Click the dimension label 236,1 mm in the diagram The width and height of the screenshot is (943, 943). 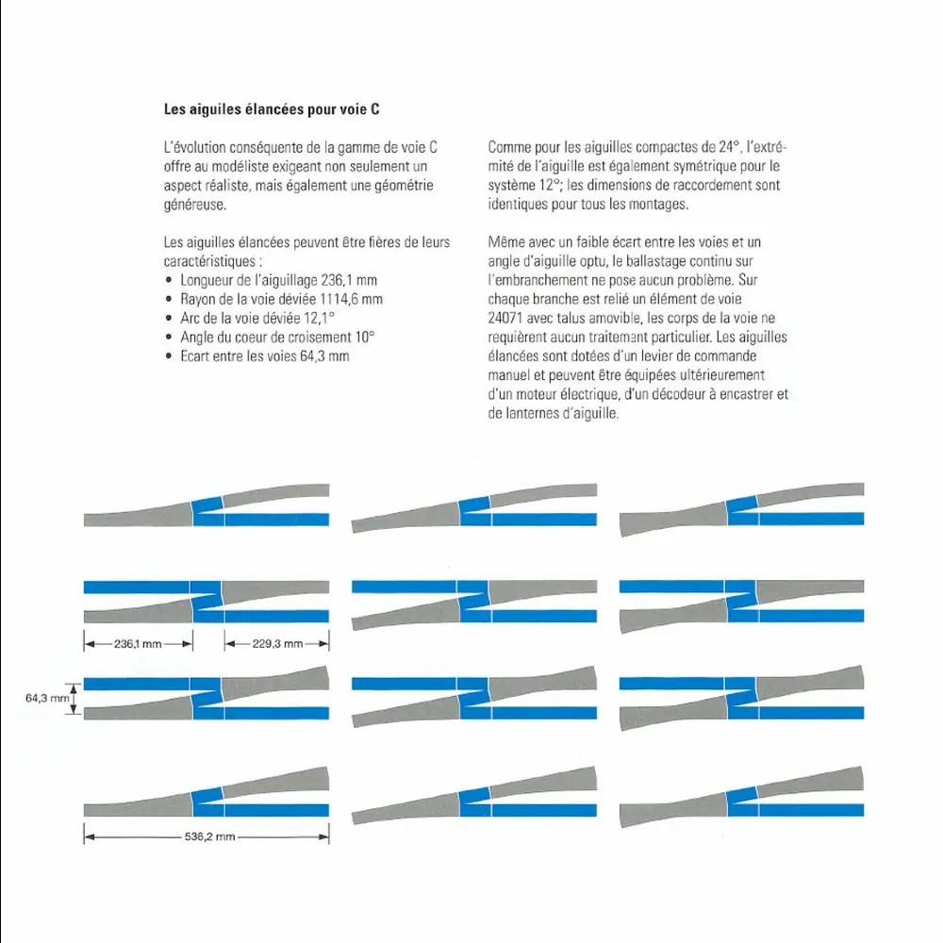coord(139,644)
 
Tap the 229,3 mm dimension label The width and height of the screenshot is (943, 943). coord(277,644)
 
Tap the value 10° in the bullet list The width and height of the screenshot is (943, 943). coord(364,338)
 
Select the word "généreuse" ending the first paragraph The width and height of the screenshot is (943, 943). coord(193,205)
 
